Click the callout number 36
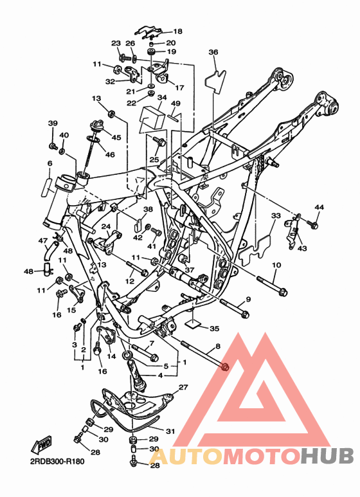pyautogui.click(x=213, y=52)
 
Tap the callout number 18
pyautogui.click(x=178, y=31)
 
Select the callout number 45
pyautogui.click(x=116, y=137)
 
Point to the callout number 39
pyautogui.click(x=53, y=123)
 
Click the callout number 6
pyautogui.click(x=50, y=163)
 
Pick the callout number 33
pyautogui.click(x=276, y=215)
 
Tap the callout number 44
pyautogui.click(x=319, y=207)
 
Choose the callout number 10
pyautogui.click(x=276, y=265)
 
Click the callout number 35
pyautogui.click(x=215, y=329)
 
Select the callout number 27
pyautogui.click(x=183, y=387)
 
